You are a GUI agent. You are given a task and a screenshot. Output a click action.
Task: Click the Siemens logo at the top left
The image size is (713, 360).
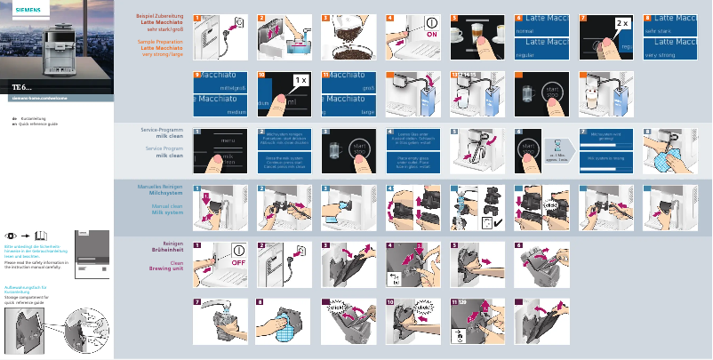18,8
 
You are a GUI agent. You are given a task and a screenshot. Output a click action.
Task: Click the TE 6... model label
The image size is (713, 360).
22,86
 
